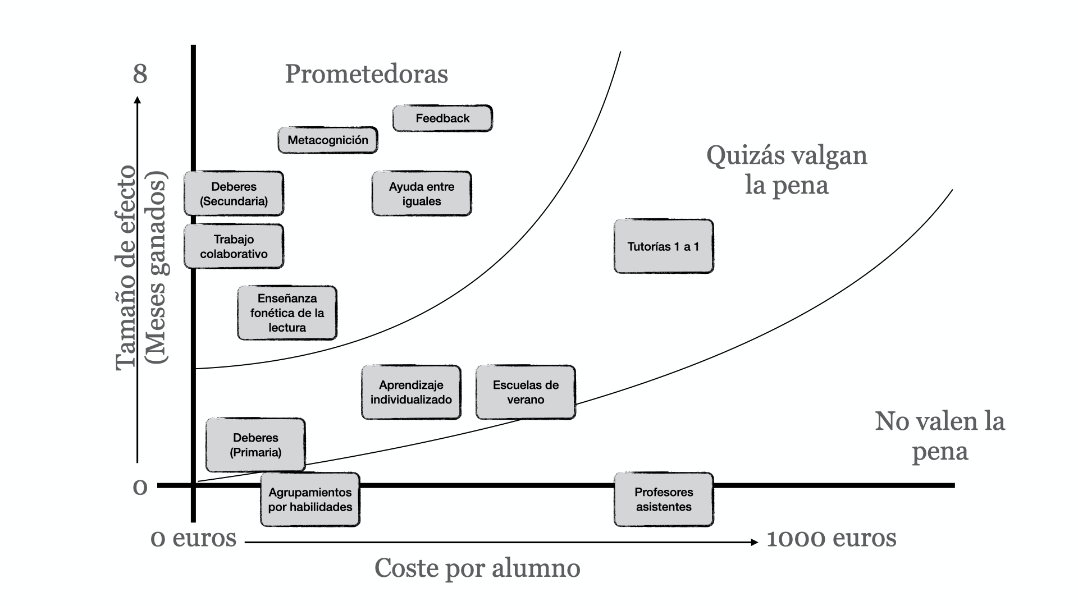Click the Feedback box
(x=442, y=118)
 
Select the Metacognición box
(x=328, y=140)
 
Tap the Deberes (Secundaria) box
(x=234, y=194)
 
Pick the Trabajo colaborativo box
(x=234, y=246)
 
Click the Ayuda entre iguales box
(x=422, y=194)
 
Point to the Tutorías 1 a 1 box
(x=664, y=246)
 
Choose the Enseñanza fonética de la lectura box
(x=287, y=313)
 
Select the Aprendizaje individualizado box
(x=411, y=392)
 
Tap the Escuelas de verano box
(x=526, y=392)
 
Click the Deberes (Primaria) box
(x=255, y=445)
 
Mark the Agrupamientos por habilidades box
(x=310, y=499)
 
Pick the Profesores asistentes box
(x=664, y=499)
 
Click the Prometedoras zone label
(x=366, y=74)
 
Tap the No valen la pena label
(x=939, y=436)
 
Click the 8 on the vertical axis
(x=140, y=74)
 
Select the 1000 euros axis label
(x=831, y=539)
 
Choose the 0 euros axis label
(x=194, y=539)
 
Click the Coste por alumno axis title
(x=477, y=568)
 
